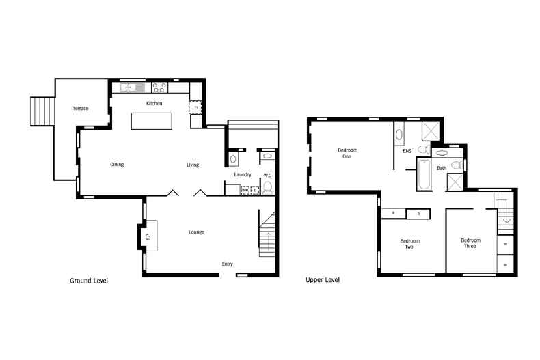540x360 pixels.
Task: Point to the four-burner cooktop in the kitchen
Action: pos(159,87)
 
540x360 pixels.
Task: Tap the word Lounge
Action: pos(197,232)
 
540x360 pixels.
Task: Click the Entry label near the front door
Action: pos(228,264)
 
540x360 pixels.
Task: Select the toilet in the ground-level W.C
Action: pos(267,187)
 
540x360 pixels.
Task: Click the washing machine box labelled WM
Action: pos(244,191)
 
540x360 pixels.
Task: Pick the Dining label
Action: pos(117,165)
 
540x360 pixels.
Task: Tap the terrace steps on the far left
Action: pos(40,111)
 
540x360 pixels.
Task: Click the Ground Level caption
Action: pos(89,281)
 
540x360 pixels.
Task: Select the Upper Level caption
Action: pos(323,280)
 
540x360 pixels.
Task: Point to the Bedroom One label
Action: pos(347,153)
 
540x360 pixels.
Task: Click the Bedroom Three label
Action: pos(470,243)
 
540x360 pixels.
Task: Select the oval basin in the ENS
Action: pos(399,134)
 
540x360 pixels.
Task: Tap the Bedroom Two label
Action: pos(409,244)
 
